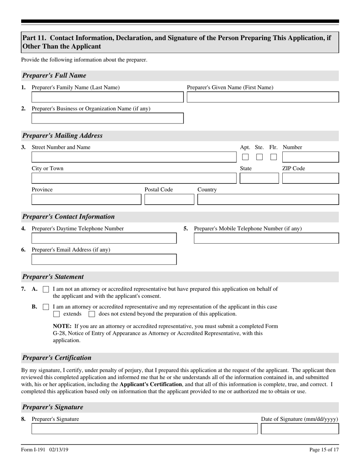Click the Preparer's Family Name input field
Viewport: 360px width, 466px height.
107,97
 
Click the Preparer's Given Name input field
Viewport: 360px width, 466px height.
263,97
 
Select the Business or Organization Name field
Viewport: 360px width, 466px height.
107,118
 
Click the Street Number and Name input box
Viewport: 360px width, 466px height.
133,157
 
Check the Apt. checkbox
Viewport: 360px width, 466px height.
246,157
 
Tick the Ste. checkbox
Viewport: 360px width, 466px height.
259,157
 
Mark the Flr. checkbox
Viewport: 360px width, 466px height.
273,157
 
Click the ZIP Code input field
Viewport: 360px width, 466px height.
310,178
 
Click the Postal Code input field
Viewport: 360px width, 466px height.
169,199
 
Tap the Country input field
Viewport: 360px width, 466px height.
268,199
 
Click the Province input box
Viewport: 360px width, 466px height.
86,199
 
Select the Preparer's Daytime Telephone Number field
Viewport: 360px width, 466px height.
104,238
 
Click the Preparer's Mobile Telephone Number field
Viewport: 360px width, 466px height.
266,238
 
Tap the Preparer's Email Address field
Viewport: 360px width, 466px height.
104,260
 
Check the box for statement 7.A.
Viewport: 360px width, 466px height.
46,289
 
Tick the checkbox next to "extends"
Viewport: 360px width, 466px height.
56,314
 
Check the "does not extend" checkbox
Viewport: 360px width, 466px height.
92,314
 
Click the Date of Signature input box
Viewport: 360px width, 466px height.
300,429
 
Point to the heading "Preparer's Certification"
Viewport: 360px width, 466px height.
57,358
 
